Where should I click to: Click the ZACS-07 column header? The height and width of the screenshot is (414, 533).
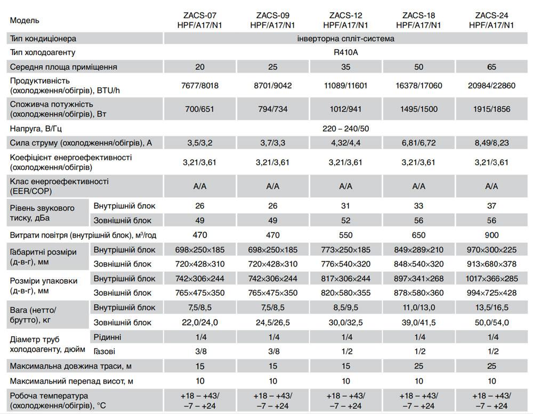tap(199, 20)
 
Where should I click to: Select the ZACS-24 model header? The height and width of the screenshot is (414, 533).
tap(491, 20)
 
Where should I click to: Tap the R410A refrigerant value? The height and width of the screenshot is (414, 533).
tap(346, 52)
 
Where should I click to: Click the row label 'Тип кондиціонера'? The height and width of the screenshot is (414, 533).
tap(43, 38)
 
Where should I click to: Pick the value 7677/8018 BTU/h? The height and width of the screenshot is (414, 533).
tap(199, 85)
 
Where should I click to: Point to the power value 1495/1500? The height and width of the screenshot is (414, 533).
tap(418, 109)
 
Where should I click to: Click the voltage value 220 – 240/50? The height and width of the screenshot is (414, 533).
tap(346, 128)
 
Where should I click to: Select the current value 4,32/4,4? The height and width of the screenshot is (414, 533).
tap(345, 142)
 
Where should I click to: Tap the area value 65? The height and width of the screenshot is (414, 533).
tap(491, 67)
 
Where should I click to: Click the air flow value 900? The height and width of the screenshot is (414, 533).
tap(491, 235)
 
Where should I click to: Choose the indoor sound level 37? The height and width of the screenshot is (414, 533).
tap(491, 206)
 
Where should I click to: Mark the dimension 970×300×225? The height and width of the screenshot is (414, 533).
tap(491, 250)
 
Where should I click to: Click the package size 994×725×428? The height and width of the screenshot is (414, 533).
tap(491, 293)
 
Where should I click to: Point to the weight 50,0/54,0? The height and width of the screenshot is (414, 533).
tap(491, 322)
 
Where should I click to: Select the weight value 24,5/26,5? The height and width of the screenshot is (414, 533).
tap(273, 322)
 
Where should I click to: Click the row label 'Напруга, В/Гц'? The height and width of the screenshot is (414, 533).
tap(39, 128)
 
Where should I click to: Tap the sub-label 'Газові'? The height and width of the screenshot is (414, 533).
tap(104, 351)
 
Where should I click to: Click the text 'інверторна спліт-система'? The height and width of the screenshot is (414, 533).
tap(346, 38)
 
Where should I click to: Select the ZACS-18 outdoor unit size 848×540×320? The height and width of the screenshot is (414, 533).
tap(418, 264)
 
